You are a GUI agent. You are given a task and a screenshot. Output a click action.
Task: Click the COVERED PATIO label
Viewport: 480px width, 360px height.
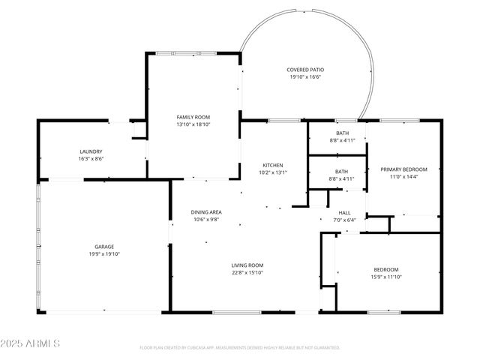coord(304,70)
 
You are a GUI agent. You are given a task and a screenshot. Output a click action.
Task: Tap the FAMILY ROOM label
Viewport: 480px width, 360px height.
coord(193,117)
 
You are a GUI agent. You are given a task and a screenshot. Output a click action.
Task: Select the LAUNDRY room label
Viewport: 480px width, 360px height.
coord(91,151)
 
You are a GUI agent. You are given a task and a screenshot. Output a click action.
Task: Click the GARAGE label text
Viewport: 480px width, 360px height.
coord(103,246)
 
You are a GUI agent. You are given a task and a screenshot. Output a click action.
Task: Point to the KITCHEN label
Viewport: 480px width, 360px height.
coord(271,165)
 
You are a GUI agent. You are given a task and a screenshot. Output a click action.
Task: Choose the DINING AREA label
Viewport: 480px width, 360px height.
coord(205,212)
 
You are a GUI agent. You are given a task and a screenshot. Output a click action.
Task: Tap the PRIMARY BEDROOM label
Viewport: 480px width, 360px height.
coord(403,169)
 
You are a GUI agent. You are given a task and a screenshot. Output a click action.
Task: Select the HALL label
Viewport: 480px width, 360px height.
coord(345,212)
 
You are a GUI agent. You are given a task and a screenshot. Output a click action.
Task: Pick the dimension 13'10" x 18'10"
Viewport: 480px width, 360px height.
coord(193,124)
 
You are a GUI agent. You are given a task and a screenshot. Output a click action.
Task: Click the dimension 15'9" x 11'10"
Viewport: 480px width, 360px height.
coord(386,277)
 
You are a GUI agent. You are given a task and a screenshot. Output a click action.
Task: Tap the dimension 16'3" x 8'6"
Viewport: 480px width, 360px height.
coord(91,158)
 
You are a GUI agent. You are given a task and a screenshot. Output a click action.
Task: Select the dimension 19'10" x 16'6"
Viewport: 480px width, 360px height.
coord(304,77)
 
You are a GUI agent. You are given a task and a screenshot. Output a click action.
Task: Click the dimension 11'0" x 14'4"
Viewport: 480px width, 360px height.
coord(403,177)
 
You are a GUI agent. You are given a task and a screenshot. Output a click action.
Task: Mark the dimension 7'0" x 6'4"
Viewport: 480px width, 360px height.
coord(345,220)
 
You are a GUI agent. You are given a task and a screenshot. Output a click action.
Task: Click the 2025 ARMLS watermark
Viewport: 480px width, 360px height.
coord(31,343)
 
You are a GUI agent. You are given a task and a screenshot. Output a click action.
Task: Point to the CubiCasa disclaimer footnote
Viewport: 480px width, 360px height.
coord(240,348)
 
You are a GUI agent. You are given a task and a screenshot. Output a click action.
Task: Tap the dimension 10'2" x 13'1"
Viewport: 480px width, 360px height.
coord(271,172)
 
